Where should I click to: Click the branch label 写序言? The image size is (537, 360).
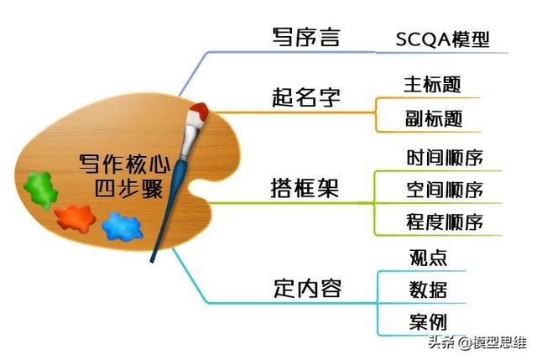306,37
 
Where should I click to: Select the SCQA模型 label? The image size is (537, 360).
442,39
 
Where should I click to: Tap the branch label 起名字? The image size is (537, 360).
306,97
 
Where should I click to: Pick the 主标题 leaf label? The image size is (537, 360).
432,85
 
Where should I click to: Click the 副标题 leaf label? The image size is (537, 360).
434,118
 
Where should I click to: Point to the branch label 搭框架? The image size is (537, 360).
305,188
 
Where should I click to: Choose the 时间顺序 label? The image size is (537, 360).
445,158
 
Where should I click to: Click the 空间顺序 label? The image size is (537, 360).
445,190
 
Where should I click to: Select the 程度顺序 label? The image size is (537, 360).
445,222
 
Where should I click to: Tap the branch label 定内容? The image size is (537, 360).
308,289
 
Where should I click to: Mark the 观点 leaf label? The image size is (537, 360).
428,258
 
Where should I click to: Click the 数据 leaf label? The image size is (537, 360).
428,290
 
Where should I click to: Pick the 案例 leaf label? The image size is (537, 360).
428,322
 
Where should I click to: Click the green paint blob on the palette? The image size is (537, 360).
40,190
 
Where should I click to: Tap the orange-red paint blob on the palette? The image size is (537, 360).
76,218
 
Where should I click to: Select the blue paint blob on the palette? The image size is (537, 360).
123,227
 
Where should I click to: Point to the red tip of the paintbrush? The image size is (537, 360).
200,110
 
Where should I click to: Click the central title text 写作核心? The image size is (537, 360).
125,164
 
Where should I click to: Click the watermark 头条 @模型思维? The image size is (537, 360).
477,342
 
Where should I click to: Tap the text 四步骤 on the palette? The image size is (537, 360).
128,189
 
